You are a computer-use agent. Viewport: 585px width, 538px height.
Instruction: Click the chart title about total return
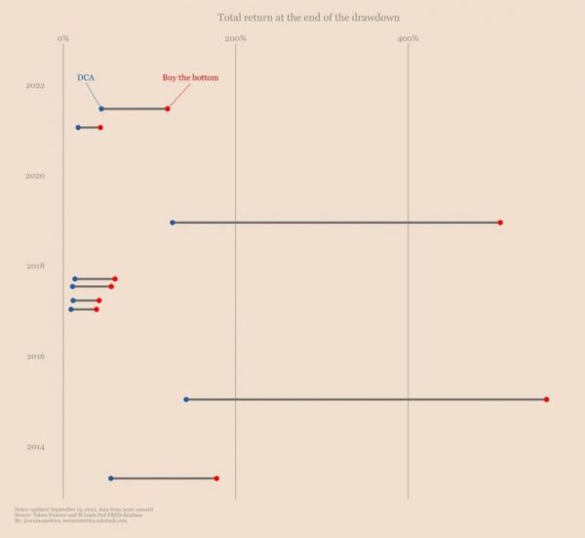[x=308, y=18]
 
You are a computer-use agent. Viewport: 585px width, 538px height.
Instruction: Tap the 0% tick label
[x=63, y=38]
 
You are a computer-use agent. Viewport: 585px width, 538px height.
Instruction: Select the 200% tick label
[x=235, y=38]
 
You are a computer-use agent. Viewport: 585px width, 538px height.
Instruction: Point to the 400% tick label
[x=408, y=38]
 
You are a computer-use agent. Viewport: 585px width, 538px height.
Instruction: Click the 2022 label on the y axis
[x=35, y=86]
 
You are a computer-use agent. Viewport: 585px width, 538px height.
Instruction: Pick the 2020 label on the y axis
[x=35, y=176]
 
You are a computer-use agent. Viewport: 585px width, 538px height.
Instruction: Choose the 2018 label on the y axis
[x=35, y=266]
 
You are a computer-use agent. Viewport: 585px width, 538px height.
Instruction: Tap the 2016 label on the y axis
[x=35, y=356]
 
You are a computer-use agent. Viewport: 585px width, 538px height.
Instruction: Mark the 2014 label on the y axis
[x=35, y=447]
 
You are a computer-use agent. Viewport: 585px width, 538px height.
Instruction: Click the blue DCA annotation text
[x=86, y=77]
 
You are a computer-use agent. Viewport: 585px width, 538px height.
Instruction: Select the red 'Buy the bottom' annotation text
[x=190, y=77]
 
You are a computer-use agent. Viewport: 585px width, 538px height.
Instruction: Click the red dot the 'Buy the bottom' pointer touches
[x=168, y=108]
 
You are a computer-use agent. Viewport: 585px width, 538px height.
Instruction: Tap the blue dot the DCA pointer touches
[x=100, y=108]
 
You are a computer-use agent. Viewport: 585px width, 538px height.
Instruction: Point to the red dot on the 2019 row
[x=500, y=223]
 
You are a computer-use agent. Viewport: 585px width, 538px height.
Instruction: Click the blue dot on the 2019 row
[x=173, y=223]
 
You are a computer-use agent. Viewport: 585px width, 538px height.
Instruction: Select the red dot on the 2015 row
[x=546, y=399]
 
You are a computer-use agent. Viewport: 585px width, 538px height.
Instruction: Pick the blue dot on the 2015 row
[x=186, y=399]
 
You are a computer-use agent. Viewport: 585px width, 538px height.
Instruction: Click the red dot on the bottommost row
[x=216, y=478]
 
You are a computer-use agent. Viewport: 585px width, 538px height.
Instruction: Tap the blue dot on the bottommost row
[x=110, y=478]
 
